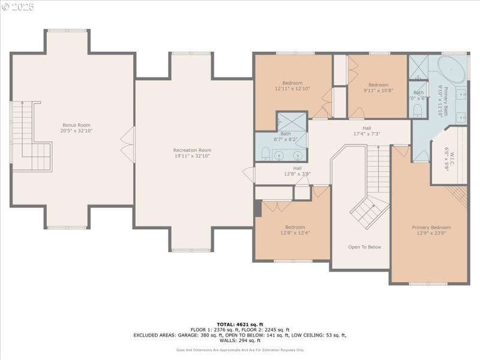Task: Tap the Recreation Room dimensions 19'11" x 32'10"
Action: (193, 156)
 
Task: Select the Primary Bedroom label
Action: (431, 227)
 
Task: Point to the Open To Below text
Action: (364, 247)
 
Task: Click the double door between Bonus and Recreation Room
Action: (127, 142)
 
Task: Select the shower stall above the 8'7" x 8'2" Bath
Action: (292, 122)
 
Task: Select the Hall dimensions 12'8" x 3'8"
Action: (297, 175)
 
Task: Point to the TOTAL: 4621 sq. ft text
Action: (239, 324)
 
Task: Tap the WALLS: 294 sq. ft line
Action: (239, 340)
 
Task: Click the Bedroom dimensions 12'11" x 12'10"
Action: (293, 89)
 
